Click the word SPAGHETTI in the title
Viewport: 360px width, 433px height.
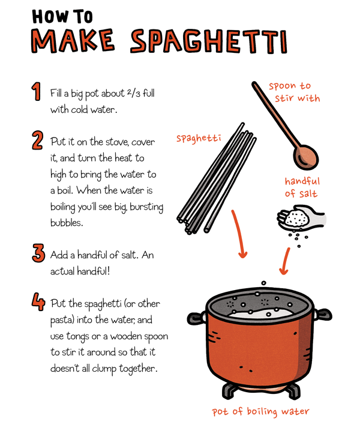(209, 41)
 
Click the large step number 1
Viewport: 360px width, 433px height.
(36, 91)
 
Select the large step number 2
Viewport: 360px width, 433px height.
(38, 141)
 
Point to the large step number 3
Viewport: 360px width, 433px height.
(38, 253)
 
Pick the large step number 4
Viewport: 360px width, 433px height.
(38, 301)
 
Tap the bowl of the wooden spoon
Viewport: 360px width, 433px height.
(305, 157)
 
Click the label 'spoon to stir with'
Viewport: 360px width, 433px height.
(295, 92)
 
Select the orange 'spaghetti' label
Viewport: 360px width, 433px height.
(199, 138)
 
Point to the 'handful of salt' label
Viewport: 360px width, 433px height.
(302, 187)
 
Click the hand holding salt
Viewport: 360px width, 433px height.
(301, 218)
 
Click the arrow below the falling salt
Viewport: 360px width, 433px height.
(286, 261)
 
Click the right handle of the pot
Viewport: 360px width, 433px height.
(323, 314)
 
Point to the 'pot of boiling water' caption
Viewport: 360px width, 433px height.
(260, 411)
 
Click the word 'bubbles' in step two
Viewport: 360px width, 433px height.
(67, 222)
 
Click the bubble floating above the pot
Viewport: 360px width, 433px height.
(264, 283)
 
